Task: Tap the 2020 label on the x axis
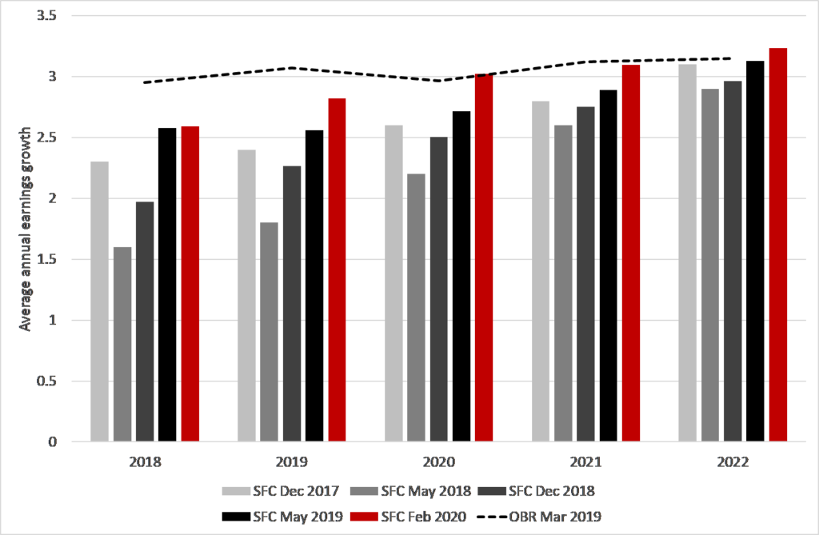tap(438, 462)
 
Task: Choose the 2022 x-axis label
tap(733, 462)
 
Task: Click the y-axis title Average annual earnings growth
tap(25, 229)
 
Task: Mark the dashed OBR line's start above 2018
tap(144, 82)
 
